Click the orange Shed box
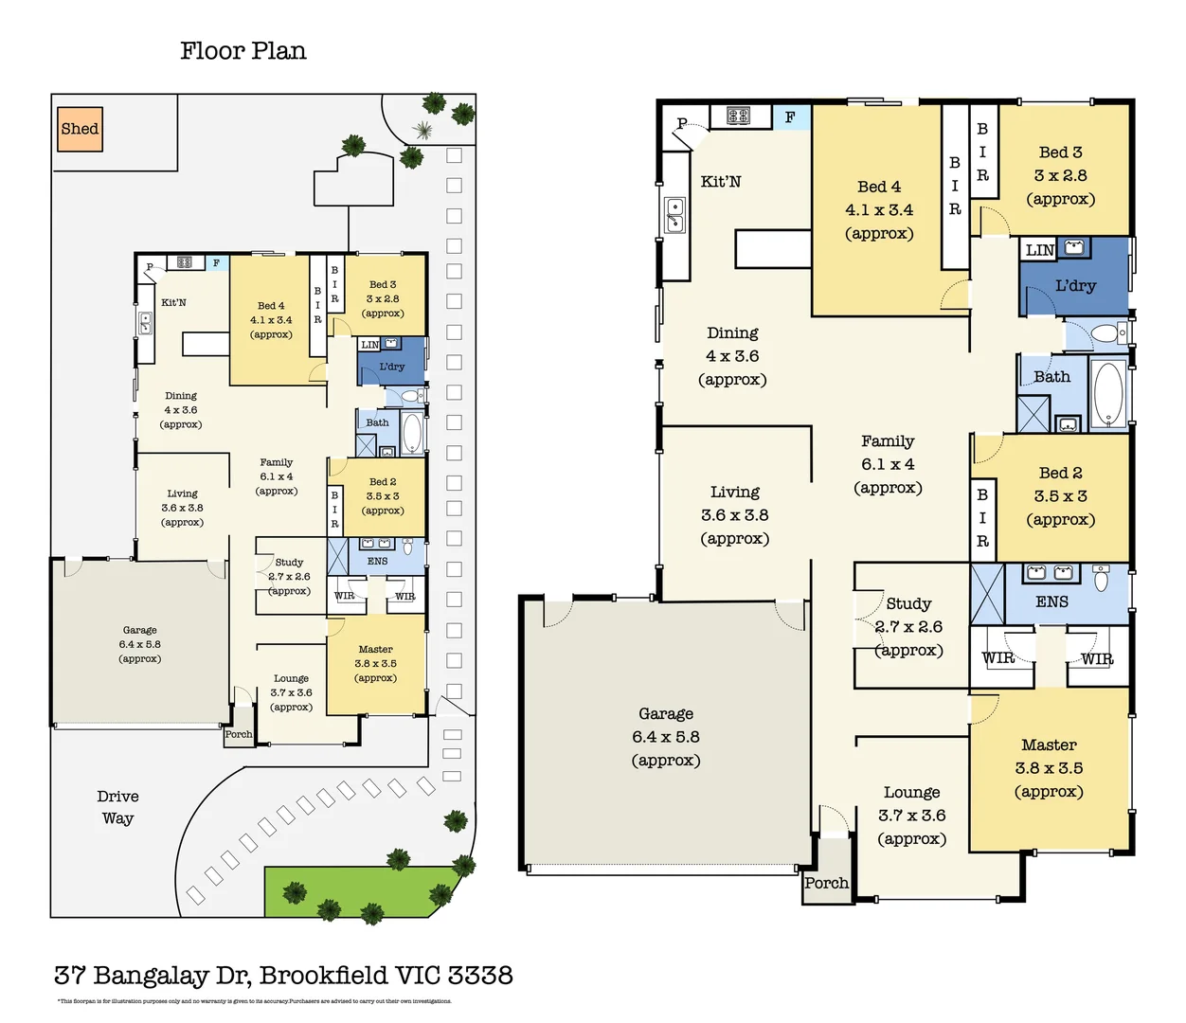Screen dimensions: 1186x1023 pos(80,129)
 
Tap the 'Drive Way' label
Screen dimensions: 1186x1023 pos(117,807)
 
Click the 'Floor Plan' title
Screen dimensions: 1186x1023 pos(243,51)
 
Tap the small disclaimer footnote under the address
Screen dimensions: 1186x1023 pos(254,1001)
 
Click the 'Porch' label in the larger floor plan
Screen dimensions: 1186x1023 pos(826,883)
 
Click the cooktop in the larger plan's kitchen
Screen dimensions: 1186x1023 pos(738,116)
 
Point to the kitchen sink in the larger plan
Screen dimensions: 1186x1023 pos(674,215)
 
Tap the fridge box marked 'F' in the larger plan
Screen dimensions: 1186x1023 pos(790,117)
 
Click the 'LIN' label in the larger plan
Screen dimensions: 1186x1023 pos(1039,250)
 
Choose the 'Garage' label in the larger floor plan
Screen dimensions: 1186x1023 pos(665,714)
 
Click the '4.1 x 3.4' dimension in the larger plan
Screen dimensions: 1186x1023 pos(879,210)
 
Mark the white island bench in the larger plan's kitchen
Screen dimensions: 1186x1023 pos(773,248)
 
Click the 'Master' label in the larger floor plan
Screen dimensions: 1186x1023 pos(1049,745)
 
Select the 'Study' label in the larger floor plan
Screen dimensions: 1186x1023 pos(908,603)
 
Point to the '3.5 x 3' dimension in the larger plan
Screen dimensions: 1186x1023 pos(1060,496)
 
